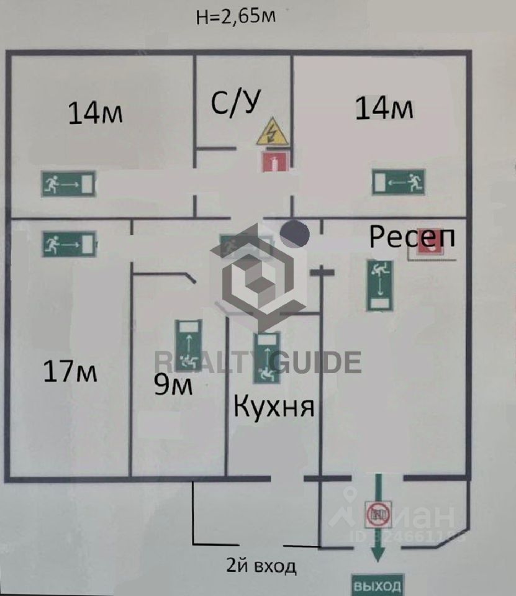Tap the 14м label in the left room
pos(95,113)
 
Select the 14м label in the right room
pos(384,108)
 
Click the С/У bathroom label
pos(235,103)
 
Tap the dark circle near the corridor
pos(294,233)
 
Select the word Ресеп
pos(412,236)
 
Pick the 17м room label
pos(70,372)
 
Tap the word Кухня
pos(274,407)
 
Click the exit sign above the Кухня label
pos(266,358)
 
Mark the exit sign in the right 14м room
pos(399,182)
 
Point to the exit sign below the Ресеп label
pos(380,286)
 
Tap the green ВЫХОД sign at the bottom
pos(377,585)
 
